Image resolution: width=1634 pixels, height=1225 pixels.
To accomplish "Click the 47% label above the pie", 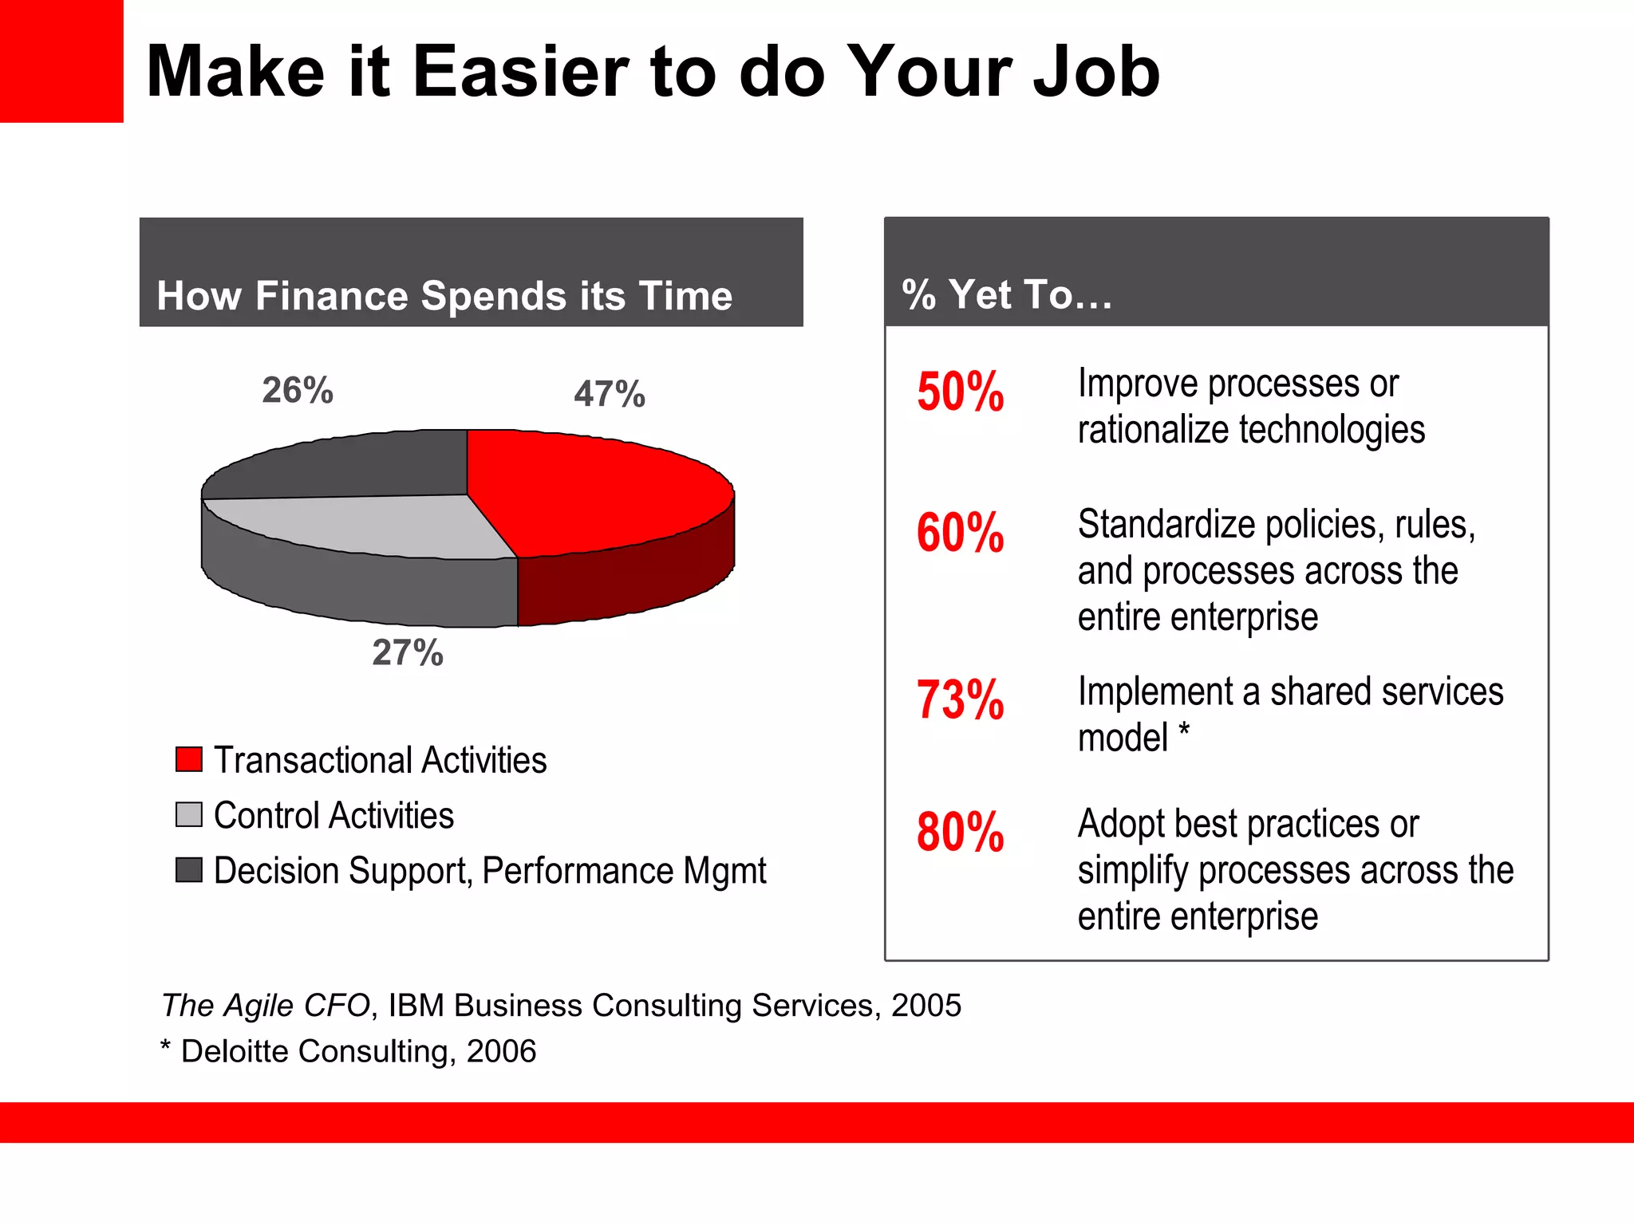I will (x=609, y=394).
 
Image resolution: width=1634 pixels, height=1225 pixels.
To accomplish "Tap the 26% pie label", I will (x=298, y=390).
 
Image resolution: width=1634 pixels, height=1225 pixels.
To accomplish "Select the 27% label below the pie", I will (x=408, y=652).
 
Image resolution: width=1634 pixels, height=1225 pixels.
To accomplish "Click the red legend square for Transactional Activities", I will (x=189, y=759).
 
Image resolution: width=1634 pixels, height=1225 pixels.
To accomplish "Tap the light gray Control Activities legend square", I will (x=189, y=815).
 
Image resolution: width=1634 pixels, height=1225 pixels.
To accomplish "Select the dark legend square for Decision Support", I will (x=189, y=870).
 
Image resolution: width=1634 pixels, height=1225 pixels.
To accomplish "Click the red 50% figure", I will (x=960, y=392).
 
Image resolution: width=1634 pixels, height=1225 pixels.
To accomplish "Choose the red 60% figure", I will (x=960, y=533).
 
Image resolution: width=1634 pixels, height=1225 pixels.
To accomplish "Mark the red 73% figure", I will (x=960, y=700).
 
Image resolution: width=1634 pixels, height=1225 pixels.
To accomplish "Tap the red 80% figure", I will (x=960, y=833).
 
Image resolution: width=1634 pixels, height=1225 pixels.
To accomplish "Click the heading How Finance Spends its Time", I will (x=444, y=296).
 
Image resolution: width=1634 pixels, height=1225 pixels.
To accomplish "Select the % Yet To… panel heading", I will (x=1006, y=294).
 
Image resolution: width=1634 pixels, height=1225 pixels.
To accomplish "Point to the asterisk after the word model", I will (x=1184, y=729).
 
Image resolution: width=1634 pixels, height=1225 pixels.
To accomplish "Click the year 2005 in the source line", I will (x=926, y=1005).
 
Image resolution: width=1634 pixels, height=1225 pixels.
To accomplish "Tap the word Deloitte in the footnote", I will (x=235, y=1051).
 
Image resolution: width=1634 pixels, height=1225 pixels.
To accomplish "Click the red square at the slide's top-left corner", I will (x=61, y=61).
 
